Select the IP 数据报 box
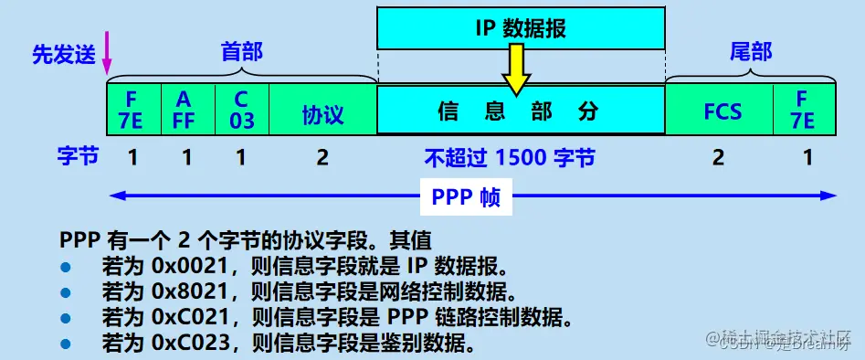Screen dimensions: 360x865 pyautogui.click(x=521, y=28)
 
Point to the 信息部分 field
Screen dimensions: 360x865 pyautogui.click(x=521, y=111)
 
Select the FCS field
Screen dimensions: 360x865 pyautogui.click(x=722, y=112)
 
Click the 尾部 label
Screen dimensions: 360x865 pyautogui.click(x=751, y=52)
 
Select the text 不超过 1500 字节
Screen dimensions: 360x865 pyautogui.click(x=509, y=158)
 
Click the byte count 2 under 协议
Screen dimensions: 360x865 pyautogui.click(x=322, y=158)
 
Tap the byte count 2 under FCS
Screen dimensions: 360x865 pyautogui.click(x=718, y=158)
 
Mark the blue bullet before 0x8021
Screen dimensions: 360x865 pyautogui.click(x=66, y=294)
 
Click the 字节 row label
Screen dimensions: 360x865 pyautogui.click(x=72, y=158)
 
